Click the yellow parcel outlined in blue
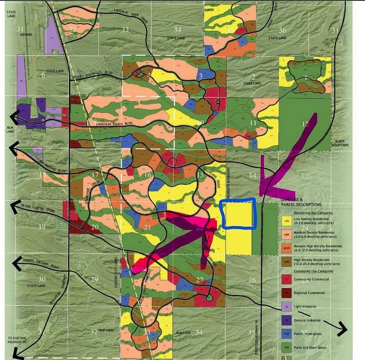[x=238, y=214]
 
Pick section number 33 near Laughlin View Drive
[x=125, y=29]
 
